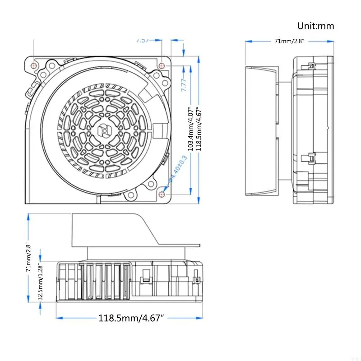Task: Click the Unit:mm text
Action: coord(316,26)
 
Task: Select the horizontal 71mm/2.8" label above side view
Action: coord(290,42)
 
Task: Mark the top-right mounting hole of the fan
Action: coord(162,65)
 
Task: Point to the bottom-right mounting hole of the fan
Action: coord(162,195)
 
